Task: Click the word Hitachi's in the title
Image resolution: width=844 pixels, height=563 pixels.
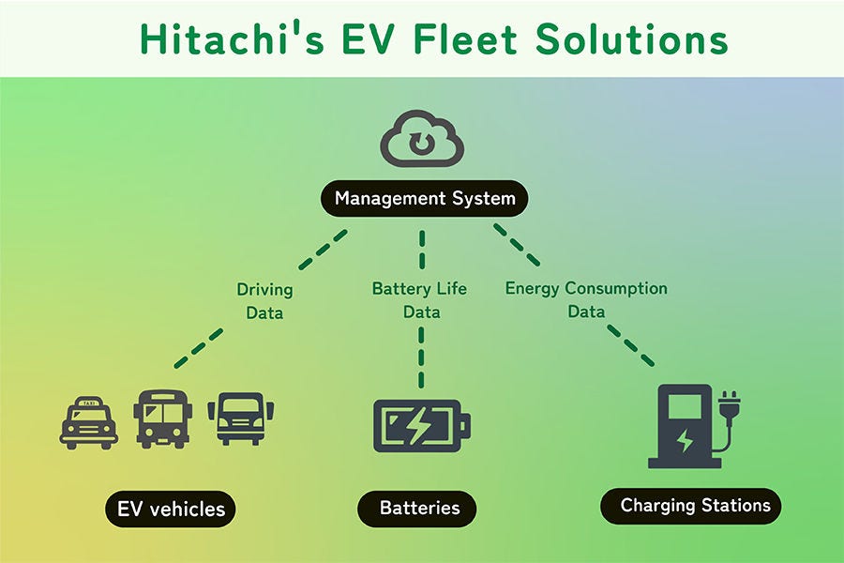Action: [x=232, y=38]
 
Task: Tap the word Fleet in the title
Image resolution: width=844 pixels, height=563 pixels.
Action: [x=465, y=38]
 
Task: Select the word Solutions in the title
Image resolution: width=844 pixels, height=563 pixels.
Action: [x=632, y=38]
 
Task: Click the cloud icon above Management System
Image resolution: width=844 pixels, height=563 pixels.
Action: [x=422, y=139]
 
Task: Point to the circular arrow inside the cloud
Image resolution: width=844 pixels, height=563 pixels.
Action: [x=421, y=143]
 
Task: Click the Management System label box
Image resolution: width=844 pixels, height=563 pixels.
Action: [x=425, y=198]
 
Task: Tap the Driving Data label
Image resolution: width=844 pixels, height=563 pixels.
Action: [x=264, y=301]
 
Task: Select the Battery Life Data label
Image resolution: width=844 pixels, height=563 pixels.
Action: [x=419, y=300]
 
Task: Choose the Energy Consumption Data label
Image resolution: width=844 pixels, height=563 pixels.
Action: [x=586, y=299]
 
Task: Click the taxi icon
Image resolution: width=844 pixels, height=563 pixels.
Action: [x=89, y=423]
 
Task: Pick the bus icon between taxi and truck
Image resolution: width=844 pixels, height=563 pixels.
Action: [x=162, y=419]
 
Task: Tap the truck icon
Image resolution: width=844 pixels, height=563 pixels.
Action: [x=241, y=418]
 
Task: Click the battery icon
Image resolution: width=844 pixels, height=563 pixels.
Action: [x=422, y=426]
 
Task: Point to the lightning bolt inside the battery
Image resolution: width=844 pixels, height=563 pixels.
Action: [x=417, y=425]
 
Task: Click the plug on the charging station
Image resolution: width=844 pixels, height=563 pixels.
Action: [x=729, y=405]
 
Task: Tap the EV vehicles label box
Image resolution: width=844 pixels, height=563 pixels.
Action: [x=171, y=510]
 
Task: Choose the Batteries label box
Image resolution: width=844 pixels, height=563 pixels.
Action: [x=417, y=508]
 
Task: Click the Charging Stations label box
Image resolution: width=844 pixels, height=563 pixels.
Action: [x=690, y=506]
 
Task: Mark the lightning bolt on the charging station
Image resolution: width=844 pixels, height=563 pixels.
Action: [x=685, y=441]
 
